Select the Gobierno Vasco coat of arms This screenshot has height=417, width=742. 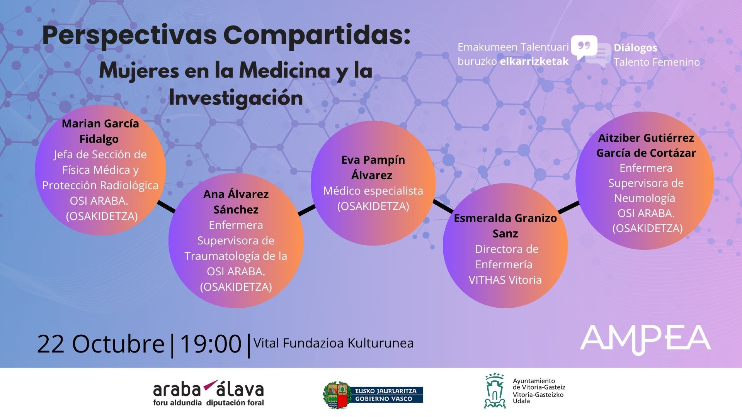coord(335,395)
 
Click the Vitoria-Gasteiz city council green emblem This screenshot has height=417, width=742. coord(495,391)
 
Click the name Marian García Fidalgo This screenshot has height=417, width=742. coord(100,131)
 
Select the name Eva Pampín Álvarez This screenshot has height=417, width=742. coord(373,167)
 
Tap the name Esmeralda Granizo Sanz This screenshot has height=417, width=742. coord(505,225)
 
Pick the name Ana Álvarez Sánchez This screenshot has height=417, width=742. coord(236,202)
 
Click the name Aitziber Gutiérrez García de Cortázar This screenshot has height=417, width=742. coord(646,145)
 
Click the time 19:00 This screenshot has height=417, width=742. coord(211,344)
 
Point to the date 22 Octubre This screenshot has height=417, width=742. coord(101,344)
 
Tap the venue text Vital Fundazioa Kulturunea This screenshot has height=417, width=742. coord(334,343)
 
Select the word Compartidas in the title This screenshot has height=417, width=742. coord(316,36)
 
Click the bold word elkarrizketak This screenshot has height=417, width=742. coord(534,61)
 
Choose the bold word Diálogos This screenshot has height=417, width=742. coord(635,48)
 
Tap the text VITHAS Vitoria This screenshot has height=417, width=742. coord(505,280)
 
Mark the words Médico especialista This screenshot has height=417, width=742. coord(373,191)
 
